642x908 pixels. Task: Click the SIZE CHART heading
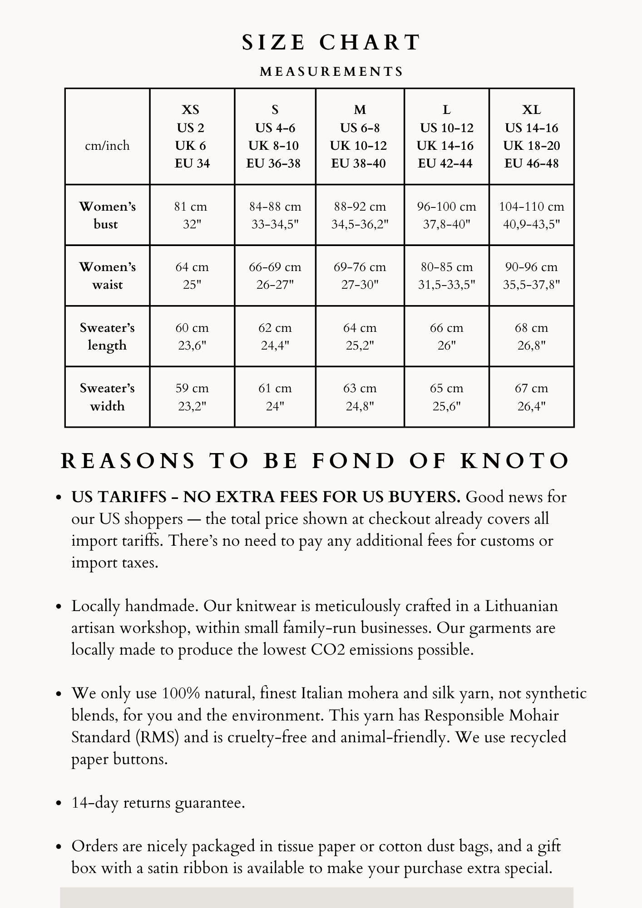(331, 43)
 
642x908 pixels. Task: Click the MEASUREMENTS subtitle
(331, 72)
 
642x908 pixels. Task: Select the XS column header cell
(192, 136)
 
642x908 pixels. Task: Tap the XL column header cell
(531, 136)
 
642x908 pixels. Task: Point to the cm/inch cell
(107, 146)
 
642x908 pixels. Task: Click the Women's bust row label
(107, 215)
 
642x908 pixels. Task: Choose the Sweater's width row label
(107, 397)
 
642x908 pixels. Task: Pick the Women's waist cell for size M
(360, 276)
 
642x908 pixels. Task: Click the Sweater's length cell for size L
(446, 336)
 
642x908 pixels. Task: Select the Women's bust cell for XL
(531, 215)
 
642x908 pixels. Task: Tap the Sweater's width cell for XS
(192, 397)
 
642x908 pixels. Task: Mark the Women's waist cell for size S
(275, 276)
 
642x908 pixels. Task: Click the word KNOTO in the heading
(515, 461)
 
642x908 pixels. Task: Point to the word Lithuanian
(521, 606)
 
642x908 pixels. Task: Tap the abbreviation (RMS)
(157, 737)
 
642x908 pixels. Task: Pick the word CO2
(328, 650)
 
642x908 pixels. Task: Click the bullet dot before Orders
(58, 847)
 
